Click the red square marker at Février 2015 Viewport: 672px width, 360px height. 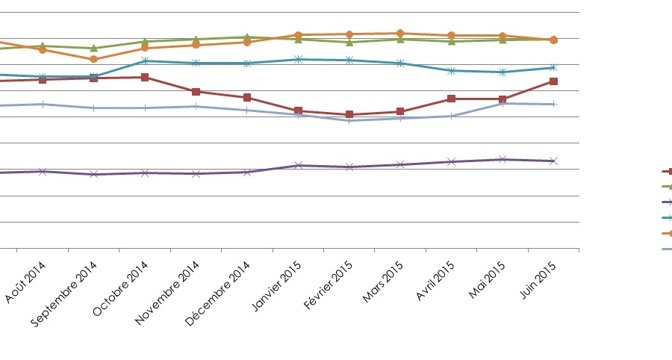click(x=349, y=115)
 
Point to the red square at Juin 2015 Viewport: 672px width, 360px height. click(x=553, y=81)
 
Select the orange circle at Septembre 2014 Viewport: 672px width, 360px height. click(x=93, y=59)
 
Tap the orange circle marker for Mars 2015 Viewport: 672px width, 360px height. click(x=400, y=34)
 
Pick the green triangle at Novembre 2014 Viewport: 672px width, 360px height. click(x=196, y=39)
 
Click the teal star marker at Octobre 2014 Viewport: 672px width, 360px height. click(x=145, y=60)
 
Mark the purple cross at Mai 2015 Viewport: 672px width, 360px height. click(x=503, y=159)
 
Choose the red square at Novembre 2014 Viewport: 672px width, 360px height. click(x=196, y=92)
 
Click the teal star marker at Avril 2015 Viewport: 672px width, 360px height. click(x=451, y=71)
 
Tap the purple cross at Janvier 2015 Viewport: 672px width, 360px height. click(x=298, y=165)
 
